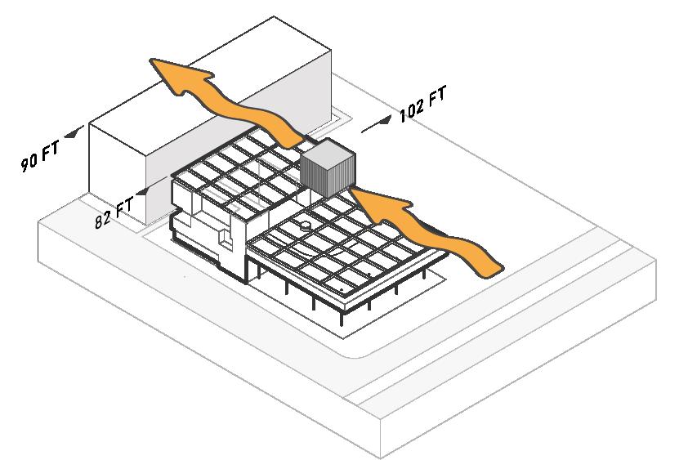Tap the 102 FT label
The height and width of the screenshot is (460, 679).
pos(423,105)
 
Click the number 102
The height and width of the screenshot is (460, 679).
pos(412,110)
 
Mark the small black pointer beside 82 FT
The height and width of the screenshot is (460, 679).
pos(145,192)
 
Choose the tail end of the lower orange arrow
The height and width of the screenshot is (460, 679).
pos(490,264)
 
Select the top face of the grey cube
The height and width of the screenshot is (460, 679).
pos(327,152)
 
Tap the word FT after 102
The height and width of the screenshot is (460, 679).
pos(437,97)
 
